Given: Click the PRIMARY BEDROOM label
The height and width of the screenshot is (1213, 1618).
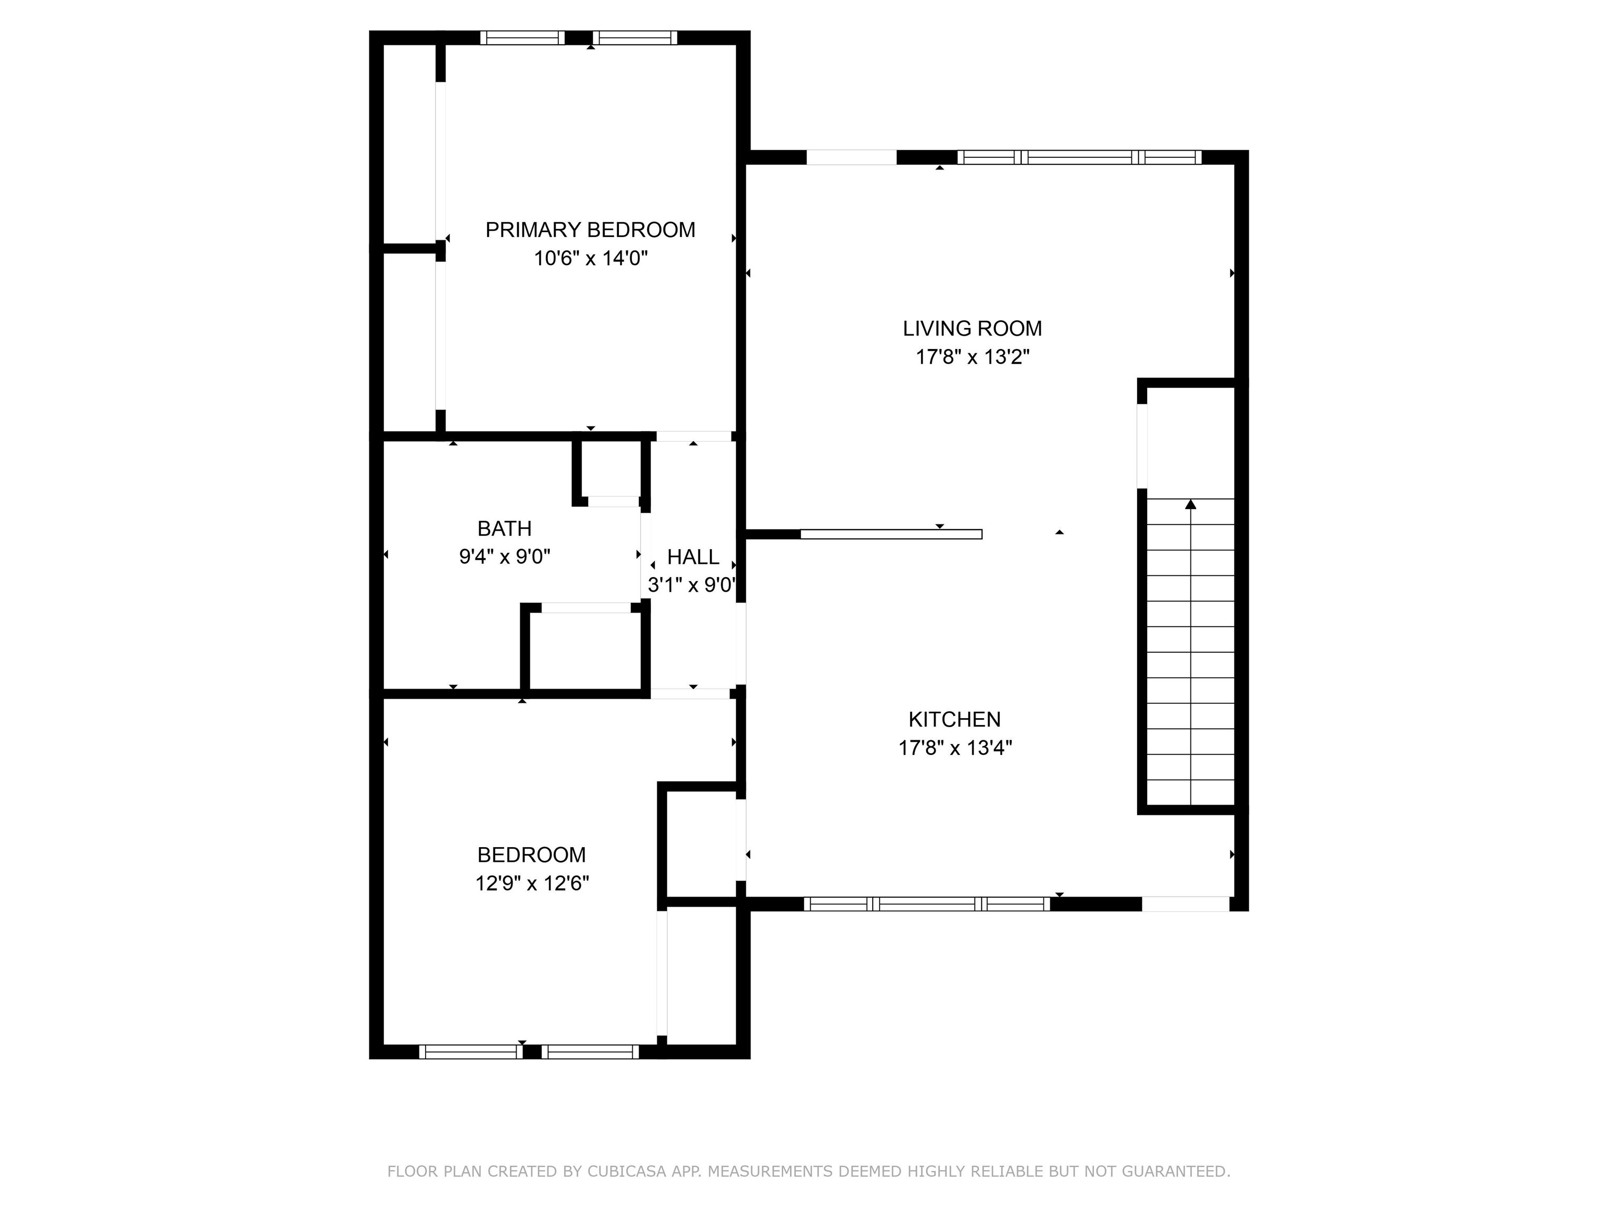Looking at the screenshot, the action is click(590, 230).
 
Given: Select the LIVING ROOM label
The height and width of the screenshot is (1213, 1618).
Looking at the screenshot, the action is click(972, 329).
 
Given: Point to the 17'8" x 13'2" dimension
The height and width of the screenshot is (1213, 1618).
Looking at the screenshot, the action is click(973, 357).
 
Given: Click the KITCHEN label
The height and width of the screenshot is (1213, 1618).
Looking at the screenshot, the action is click(954, 720).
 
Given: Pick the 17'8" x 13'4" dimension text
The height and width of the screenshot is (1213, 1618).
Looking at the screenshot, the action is click(955, 748).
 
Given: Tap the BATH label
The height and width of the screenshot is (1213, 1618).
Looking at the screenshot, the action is click(505, 529).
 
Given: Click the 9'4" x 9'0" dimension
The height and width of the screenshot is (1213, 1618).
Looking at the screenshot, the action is click(505, 557).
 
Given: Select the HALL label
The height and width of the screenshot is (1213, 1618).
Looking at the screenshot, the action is click(694, 557).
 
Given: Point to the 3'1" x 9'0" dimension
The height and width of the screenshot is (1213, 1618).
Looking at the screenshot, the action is click(692, 585).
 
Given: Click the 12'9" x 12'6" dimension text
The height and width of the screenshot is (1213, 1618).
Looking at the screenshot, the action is click(532, 883).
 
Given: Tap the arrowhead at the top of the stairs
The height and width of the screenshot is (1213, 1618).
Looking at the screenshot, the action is click(1191, 504).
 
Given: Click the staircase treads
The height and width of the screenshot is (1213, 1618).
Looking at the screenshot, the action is click(1191, 651).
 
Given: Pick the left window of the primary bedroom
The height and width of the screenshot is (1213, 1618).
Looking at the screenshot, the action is click(522, 38).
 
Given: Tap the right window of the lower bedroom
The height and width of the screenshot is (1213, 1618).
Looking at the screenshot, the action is click(590, 1051).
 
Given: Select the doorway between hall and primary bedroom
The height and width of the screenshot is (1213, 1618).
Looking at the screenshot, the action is click(694, 436).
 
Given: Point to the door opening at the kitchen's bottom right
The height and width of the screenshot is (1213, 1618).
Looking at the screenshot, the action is click(1186, 904).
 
